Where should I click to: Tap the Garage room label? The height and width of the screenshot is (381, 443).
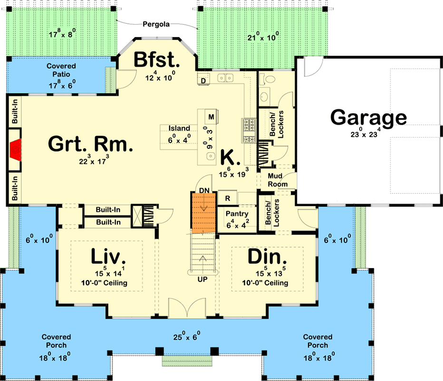click(x=368, y=118)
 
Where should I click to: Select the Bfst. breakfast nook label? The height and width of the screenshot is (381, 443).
click(x=156, y=60)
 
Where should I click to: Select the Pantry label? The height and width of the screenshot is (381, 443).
click(x=237, y=214)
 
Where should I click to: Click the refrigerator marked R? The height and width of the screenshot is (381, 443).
click(x=228, y=198)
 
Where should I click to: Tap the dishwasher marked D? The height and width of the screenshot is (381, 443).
click(x=203, y=80)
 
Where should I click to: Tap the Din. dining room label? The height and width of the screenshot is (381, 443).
click(x=267, y=258)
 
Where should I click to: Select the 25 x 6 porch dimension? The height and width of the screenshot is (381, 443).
click(x=186, y=338)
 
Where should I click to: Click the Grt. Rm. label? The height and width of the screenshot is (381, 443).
click(x=89, y=143)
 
